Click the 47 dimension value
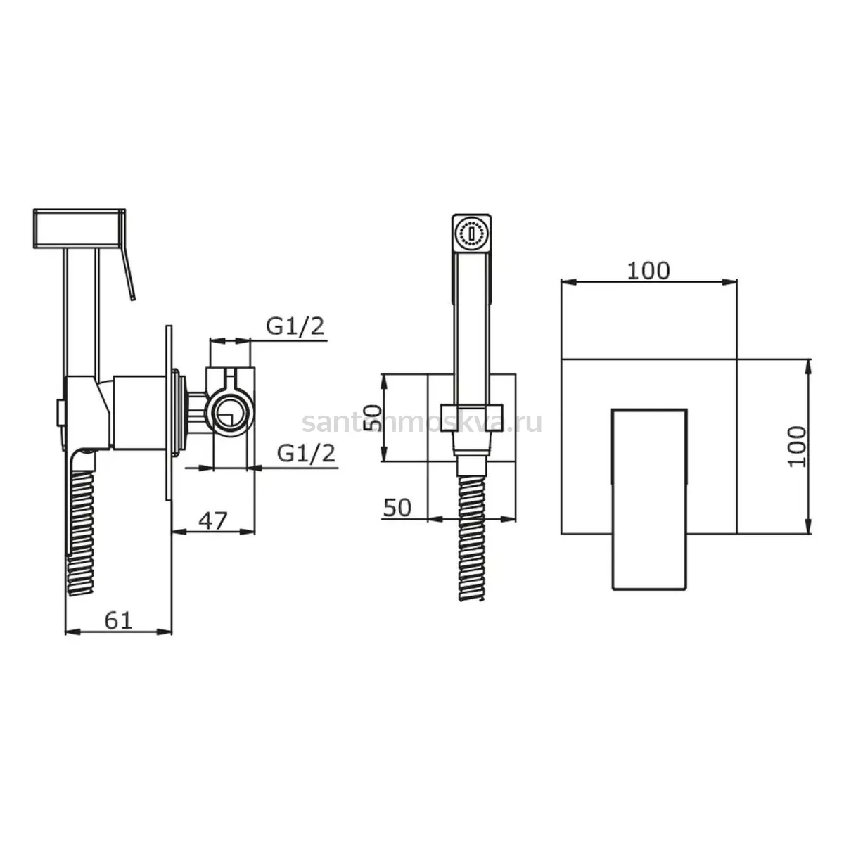[213, 520]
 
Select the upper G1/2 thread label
[295, 326]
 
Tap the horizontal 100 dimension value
[648, 271]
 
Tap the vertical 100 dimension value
[797, 447]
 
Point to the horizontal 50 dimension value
[397, 508]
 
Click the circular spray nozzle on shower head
[471, 234]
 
